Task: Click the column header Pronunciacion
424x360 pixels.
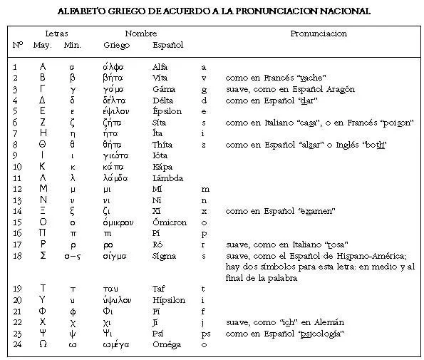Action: pos(319,34)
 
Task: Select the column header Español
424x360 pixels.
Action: pos(168,45)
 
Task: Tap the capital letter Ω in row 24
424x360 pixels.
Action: pos(43,345)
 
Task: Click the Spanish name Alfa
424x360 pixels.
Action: pos(160,67)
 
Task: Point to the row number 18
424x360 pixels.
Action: pos(17,255)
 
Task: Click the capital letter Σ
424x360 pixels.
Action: pos(43,255)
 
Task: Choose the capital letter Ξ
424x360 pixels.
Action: pos(43,211)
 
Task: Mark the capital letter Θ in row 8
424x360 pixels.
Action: pos(43,145)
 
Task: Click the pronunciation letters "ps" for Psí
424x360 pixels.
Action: pos(205,334)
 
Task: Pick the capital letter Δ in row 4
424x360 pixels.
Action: pos(43,101)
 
